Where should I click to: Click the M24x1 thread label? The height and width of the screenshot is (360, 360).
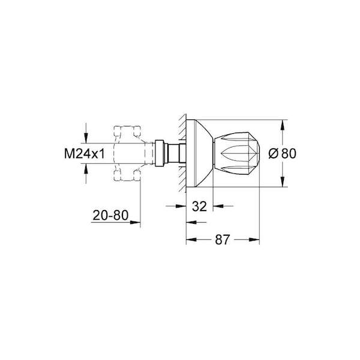[84, 154]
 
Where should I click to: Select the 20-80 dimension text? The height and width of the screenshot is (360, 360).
[110, 215]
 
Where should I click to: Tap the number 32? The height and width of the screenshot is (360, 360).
[199, 206]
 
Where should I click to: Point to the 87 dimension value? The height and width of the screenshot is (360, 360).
[222, 239]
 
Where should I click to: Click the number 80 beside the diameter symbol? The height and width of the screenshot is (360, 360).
[289, 154]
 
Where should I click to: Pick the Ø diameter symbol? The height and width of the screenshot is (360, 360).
[274, 154]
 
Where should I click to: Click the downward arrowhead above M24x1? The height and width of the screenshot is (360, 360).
[86, 139]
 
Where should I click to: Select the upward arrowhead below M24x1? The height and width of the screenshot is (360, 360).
[86, 168]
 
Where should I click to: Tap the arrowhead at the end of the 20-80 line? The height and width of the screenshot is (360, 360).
[136, 222]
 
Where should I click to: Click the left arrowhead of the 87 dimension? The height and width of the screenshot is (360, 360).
[191, 239]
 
